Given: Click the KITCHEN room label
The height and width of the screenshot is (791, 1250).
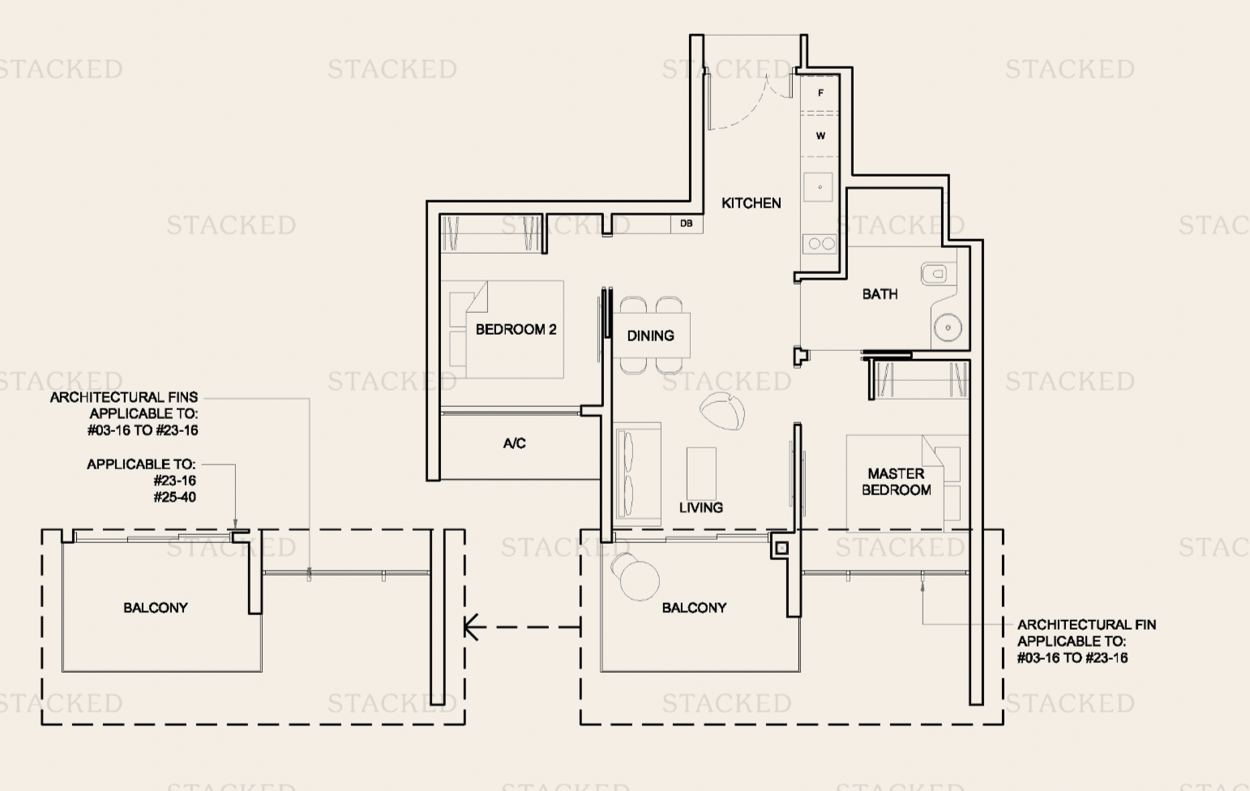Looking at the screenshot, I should pos(751,203).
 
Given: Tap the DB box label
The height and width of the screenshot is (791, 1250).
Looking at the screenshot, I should pos(687,224).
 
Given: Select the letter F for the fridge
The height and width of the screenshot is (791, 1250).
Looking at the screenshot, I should pos(820,93).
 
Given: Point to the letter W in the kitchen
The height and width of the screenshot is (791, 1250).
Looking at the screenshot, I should pos(820,135).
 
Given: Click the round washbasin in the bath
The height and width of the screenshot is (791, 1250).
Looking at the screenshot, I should pos(947,328).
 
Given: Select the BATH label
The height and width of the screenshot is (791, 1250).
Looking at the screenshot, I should pos(880,294).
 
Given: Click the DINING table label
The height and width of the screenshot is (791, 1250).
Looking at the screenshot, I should pos(650,336).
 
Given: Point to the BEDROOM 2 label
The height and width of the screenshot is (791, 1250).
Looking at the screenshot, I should pos(516,329).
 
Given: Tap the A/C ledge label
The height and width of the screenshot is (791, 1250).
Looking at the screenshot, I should pos(514,443).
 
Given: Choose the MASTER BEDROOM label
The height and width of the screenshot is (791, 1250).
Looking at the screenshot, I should pos(896,481).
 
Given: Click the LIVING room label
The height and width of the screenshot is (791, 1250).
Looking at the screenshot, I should pos(700,507).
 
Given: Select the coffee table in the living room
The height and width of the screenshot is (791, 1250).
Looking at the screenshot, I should pos(701,472).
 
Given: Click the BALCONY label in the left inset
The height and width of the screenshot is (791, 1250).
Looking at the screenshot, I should pos(156,607).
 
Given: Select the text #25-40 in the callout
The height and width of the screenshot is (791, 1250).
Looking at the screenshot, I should pos(174,497).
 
